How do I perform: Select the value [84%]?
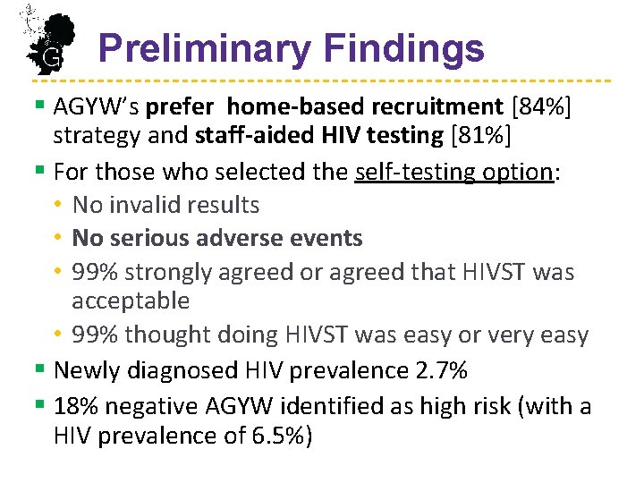[540, 107]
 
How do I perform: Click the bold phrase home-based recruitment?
[365, 107]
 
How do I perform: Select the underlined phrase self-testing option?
[453, 172]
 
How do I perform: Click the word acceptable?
[131, 301]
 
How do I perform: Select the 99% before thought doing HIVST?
[95, 335]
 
